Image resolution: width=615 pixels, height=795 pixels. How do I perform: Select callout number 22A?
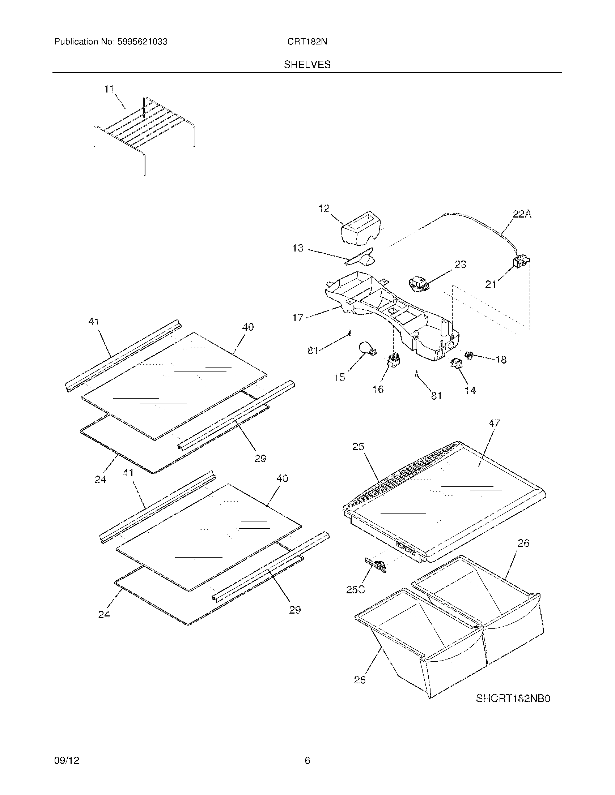point(522,214)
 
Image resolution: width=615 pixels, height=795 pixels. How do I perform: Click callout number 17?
point(298,318)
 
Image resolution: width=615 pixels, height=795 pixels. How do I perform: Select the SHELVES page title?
point(307,64)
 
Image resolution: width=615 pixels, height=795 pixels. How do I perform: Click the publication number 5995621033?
point(142,42)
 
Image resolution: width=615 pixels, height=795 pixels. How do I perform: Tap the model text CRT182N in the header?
point(307,42)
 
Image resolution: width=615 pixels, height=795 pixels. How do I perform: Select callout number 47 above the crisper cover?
point(494,424)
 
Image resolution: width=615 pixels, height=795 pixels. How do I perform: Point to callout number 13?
point(298,248)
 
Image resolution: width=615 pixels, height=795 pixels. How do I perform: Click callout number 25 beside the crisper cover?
point(358,446)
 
